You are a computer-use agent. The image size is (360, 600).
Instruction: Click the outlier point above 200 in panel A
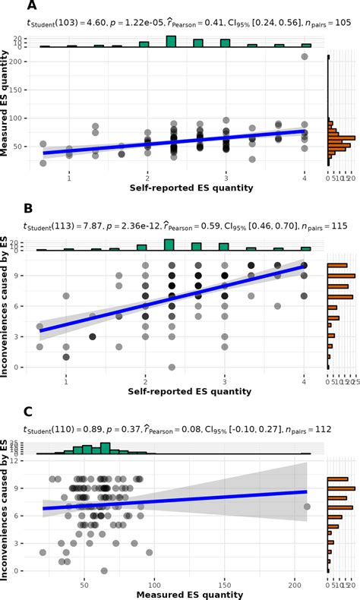point(305,57)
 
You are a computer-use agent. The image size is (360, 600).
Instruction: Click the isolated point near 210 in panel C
point(307,507)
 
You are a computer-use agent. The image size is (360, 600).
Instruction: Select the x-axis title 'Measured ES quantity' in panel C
point(179,593)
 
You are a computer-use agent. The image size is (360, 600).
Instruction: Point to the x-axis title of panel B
point(179,391)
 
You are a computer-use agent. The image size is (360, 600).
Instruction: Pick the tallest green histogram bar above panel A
point(172,42)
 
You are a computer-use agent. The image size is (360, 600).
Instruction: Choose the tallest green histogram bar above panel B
point(169,244)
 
